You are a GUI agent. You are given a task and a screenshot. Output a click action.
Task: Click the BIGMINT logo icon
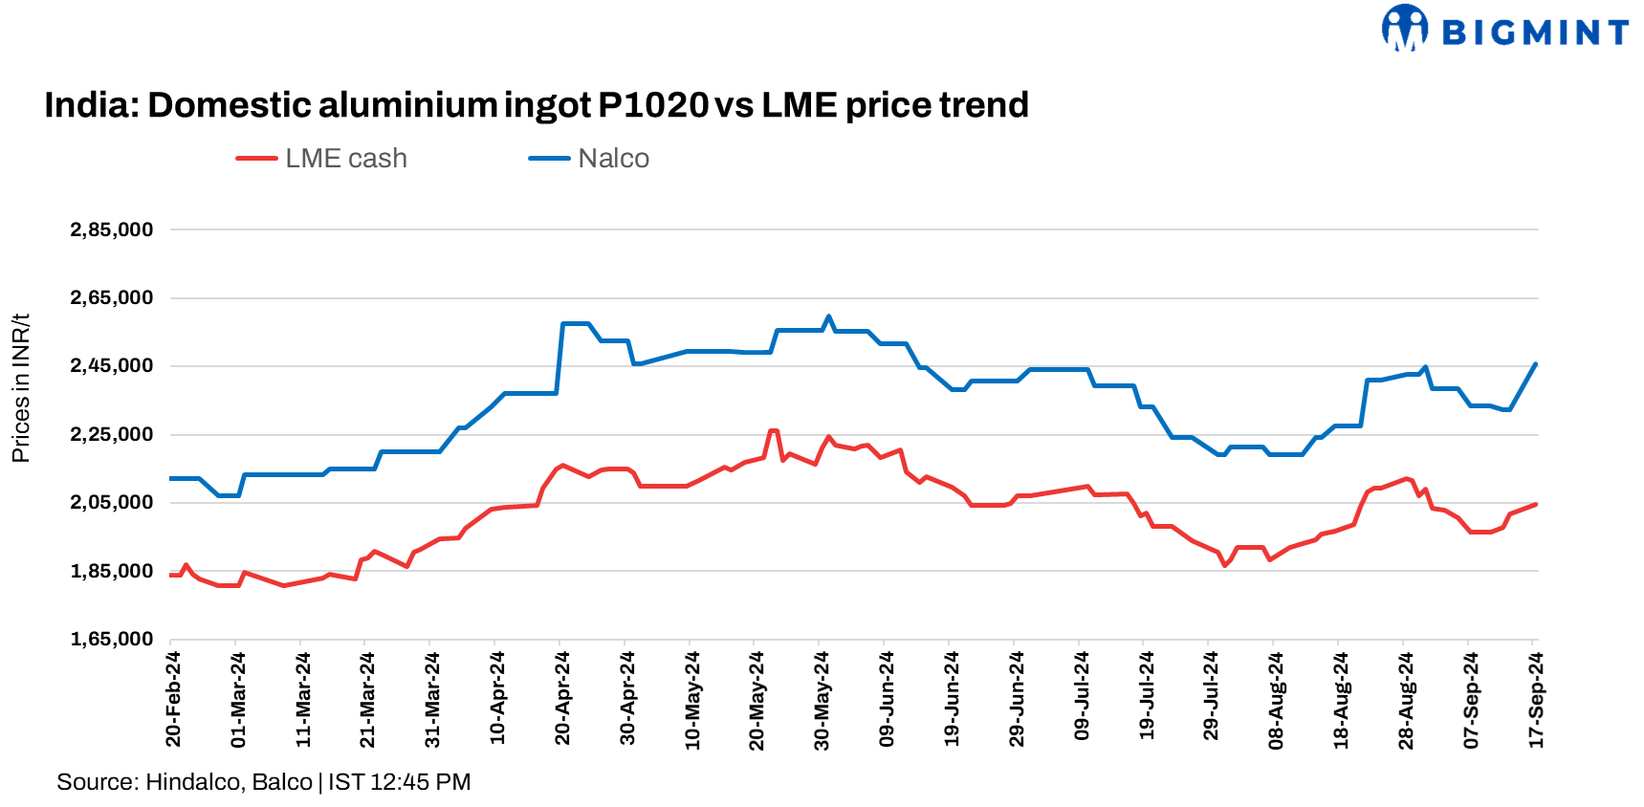(1404, 28)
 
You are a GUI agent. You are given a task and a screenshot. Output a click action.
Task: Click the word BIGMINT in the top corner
(1535, 33)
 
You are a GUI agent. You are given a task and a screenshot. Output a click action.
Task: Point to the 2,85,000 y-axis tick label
(112, 229)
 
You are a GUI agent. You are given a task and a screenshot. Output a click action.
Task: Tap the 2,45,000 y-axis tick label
(112, 366)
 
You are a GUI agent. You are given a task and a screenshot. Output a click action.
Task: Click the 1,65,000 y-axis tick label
(112, 640)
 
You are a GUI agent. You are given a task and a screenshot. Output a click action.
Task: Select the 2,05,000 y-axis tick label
(112, 503)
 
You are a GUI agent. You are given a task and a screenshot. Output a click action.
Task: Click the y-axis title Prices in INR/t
(20, 387)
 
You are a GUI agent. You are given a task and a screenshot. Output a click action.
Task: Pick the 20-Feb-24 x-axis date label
(173, 699)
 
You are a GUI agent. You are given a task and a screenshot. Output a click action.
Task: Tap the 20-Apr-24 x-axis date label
(562, 699)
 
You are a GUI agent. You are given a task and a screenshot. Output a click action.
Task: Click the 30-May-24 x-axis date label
(822, 699)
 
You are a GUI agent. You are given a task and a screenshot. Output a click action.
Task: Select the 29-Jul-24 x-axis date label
(1211, 699)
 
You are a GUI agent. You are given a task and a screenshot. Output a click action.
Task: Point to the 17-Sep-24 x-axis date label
(1536, 699)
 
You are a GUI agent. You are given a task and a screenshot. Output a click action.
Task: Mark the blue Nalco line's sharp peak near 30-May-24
(828, 316)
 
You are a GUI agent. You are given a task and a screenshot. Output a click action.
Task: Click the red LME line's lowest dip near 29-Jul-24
(1224, 565)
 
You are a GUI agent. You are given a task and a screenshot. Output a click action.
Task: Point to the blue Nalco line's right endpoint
(1535, 364)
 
